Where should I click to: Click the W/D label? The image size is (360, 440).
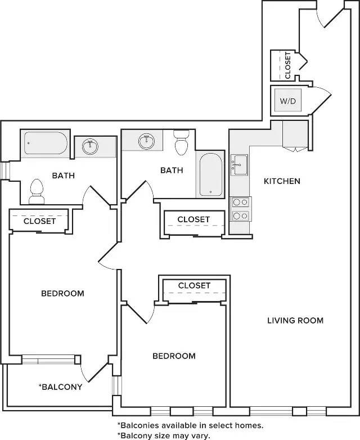pos(288,101)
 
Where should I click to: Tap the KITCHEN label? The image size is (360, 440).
pos(282,181)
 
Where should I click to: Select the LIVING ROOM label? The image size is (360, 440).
pos(295,321)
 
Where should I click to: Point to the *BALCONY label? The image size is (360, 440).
pos(60,387)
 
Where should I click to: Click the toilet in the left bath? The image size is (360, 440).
pos(37,192)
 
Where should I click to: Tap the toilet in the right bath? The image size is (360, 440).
pos(181,142)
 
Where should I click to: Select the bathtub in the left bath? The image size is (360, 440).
pos(46,143)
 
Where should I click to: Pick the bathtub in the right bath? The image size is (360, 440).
pos(211,174)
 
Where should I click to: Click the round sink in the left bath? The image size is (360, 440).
pos(90,146)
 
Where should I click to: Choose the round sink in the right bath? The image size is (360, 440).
pos(146,141)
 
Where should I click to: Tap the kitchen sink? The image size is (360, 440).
pos(240,164)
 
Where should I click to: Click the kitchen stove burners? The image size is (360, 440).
pos(241,209)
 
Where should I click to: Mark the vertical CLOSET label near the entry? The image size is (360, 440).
pos(287,65)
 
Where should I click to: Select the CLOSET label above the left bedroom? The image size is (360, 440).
pos(39,221)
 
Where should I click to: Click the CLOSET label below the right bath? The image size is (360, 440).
pos(193,219)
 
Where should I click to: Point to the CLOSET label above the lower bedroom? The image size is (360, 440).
pos(194,286)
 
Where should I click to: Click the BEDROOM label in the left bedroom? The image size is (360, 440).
pos(62,294)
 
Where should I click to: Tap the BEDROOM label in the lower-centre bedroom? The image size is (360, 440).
pos(174,356)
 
